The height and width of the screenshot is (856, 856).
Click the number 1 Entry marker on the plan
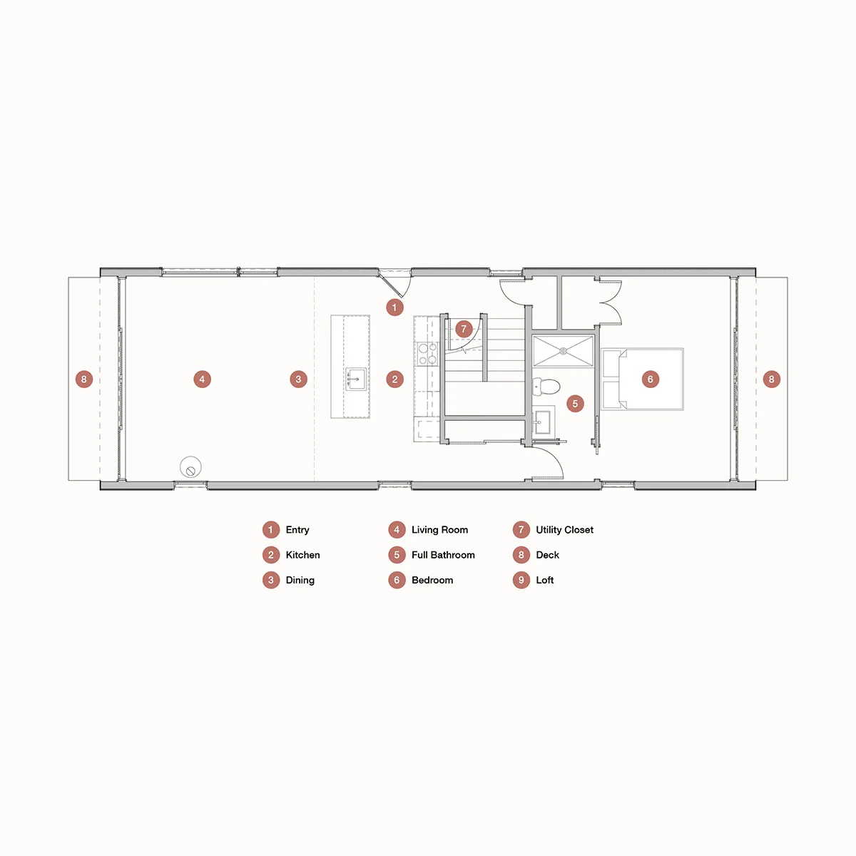pyautogui.click(x=394, y=307)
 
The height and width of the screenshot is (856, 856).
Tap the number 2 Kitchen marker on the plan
pyautogui.click(x=394, y=379)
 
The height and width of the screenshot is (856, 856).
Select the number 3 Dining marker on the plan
pyautogui.click(x=299, y=379)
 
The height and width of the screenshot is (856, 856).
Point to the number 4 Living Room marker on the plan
pyautogui.click(x=203, y=379)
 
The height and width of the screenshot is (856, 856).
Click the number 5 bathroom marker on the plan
pyautogui.click(x=575, y=404)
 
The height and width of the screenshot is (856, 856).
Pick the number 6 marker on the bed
pyautogui.click(x=650, y=379)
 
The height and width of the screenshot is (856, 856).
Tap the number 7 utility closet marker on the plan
pyautogui.click(x=464, y=329)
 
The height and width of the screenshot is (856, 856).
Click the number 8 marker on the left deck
pyautogui.click(x=84, y=379)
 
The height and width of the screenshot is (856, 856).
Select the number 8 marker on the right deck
pyautogui.click(x=771, y=379)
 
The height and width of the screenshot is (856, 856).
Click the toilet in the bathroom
pyautogui.click(x=546, y=387)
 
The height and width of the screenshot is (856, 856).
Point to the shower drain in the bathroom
pyautogui.click(x=563, y=351)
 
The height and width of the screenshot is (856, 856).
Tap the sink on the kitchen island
pyautogui.click(x=356, y=379)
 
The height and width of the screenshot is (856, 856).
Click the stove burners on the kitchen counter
pyautogui.click(x=427, y=354)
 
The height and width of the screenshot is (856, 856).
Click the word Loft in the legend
pyautogui.click(x=545, y=580)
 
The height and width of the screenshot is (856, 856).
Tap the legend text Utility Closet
pyautogui.click(x=564, y=530)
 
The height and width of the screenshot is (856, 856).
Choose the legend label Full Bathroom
pyautogui.click(x=443, y=555)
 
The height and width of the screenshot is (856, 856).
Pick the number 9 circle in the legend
pyautogui.click(x=521, y=580)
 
